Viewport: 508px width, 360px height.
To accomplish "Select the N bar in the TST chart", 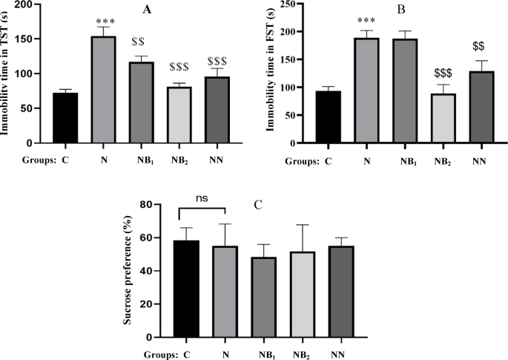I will [103, 90].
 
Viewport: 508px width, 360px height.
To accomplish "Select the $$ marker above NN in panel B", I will [479, 47].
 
